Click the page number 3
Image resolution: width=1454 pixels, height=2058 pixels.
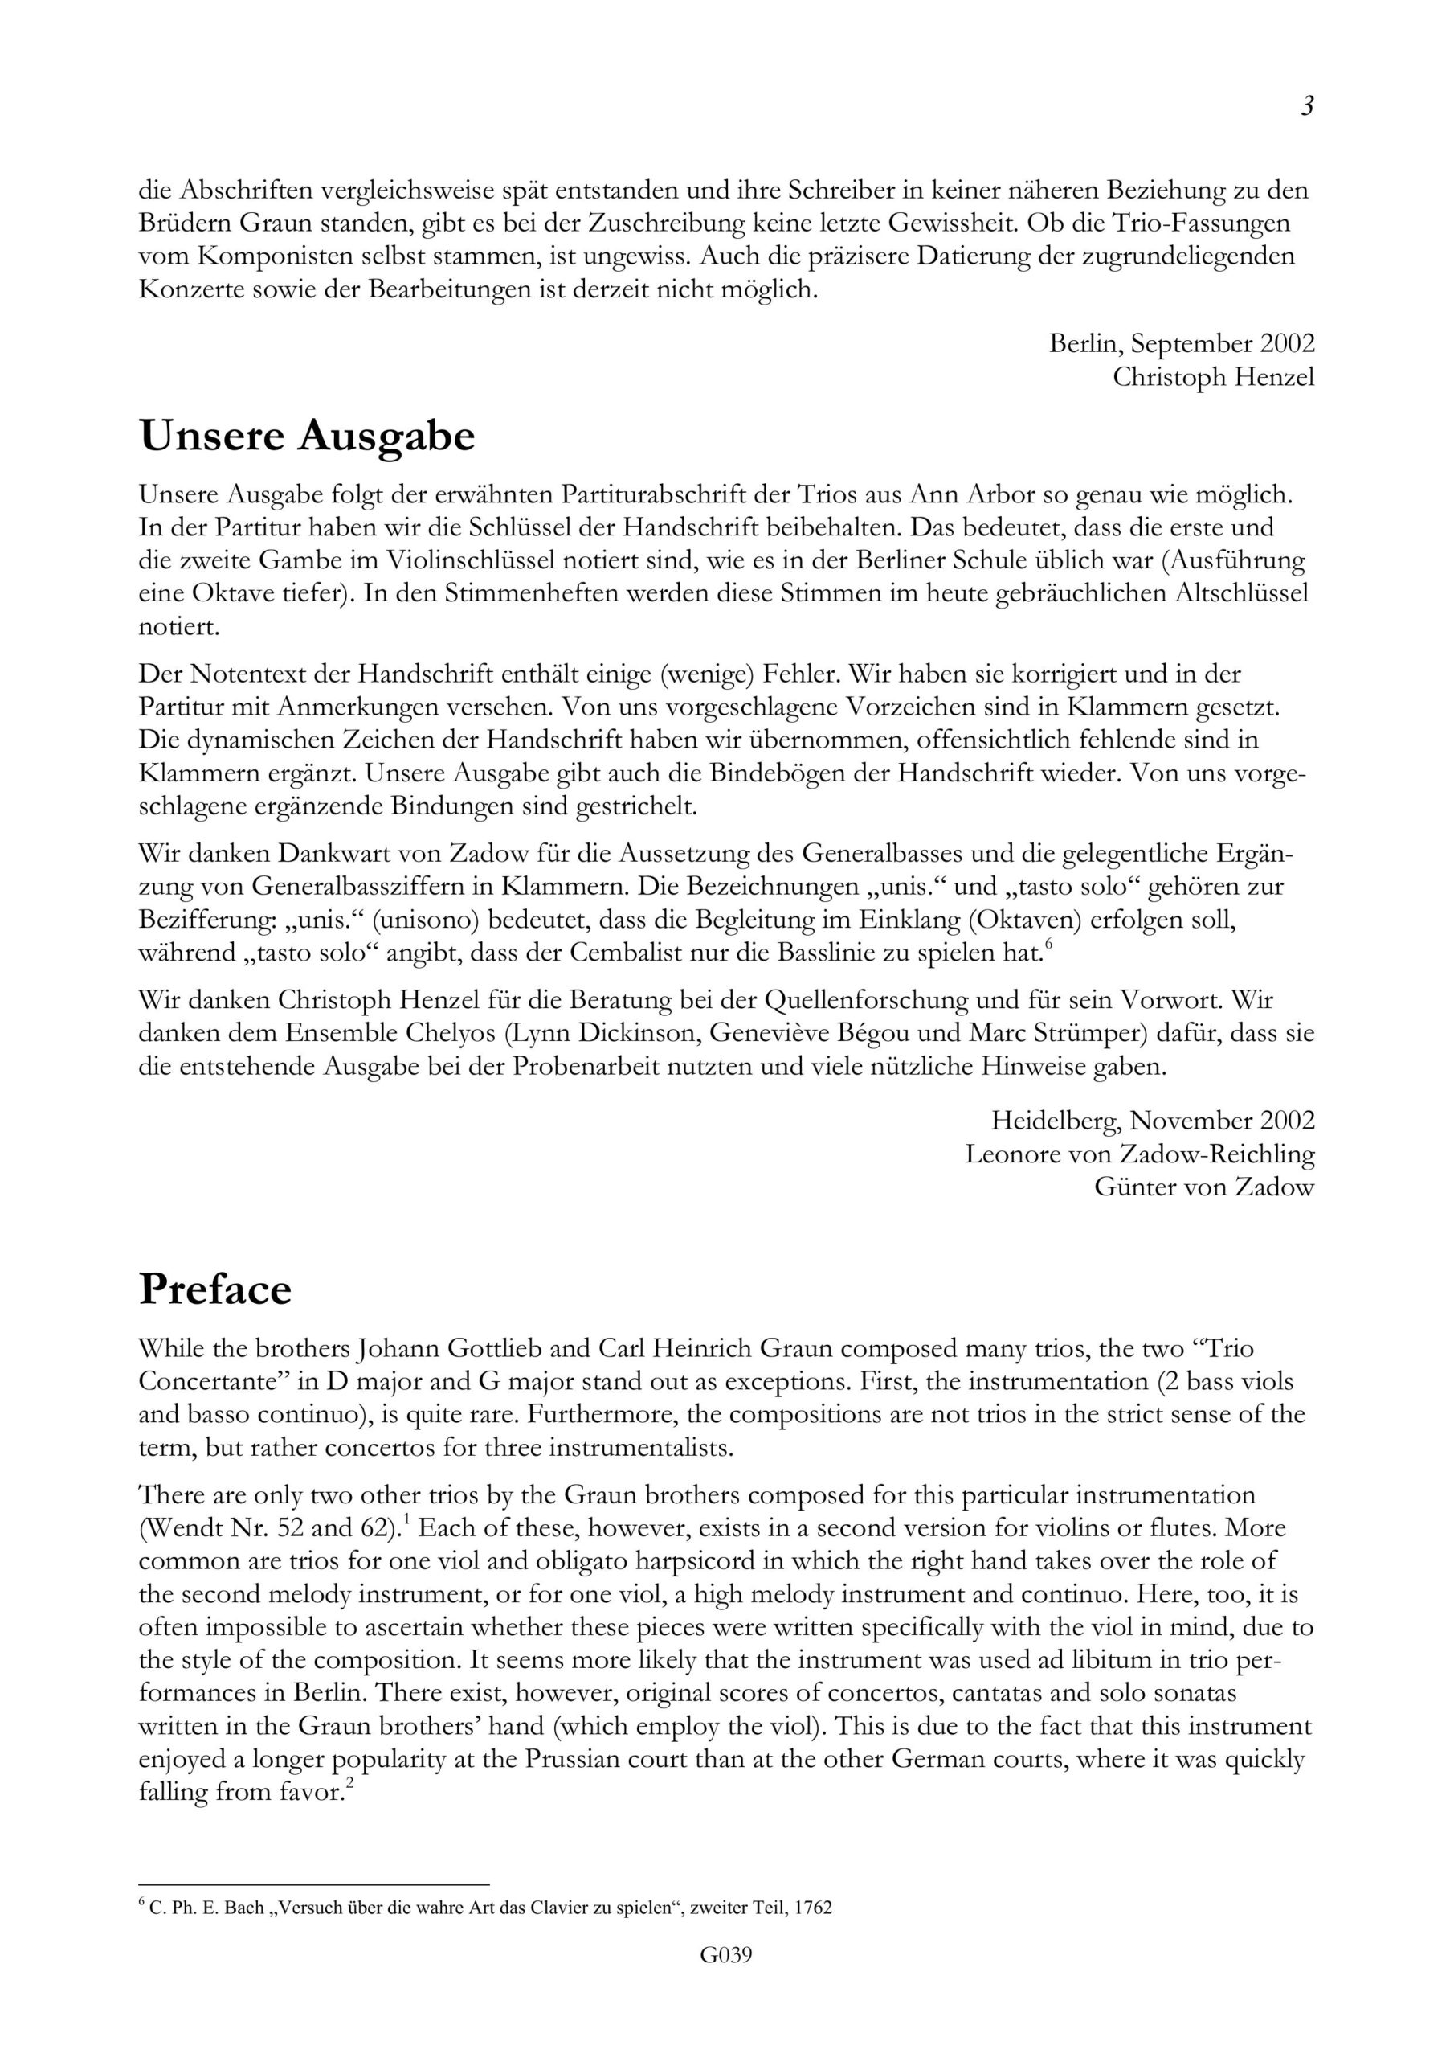(x=1307, y=107)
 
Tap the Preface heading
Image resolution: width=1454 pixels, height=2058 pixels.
(x=215, y=1289)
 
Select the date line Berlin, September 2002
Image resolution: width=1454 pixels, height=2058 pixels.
(x=1182, y=343)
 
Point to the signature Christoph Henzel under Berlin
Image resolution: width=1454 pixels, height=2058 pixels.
(x=1213, y=377)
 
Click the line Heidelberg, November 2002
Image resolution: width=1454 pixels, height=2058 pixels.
(x=1152, y=1121)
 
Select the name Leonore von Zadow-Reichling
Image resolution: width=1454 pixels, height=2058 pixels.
(x=1140, y=1154)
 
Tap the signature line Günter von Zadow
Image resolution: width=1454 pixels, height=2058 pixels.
(x=1204, y=1187)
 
